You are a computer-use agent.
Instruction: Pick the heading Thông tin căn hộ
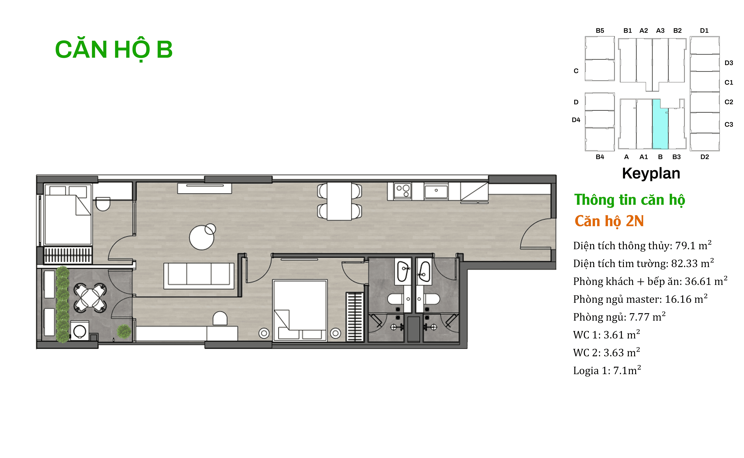coord(629,200)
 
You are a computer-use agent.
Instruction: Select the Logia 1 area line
coord(607,370)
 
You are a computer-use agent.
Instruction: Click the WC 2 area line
coord(606,352)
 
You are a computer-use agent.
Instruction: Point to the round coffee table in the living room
coord(201,237)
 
